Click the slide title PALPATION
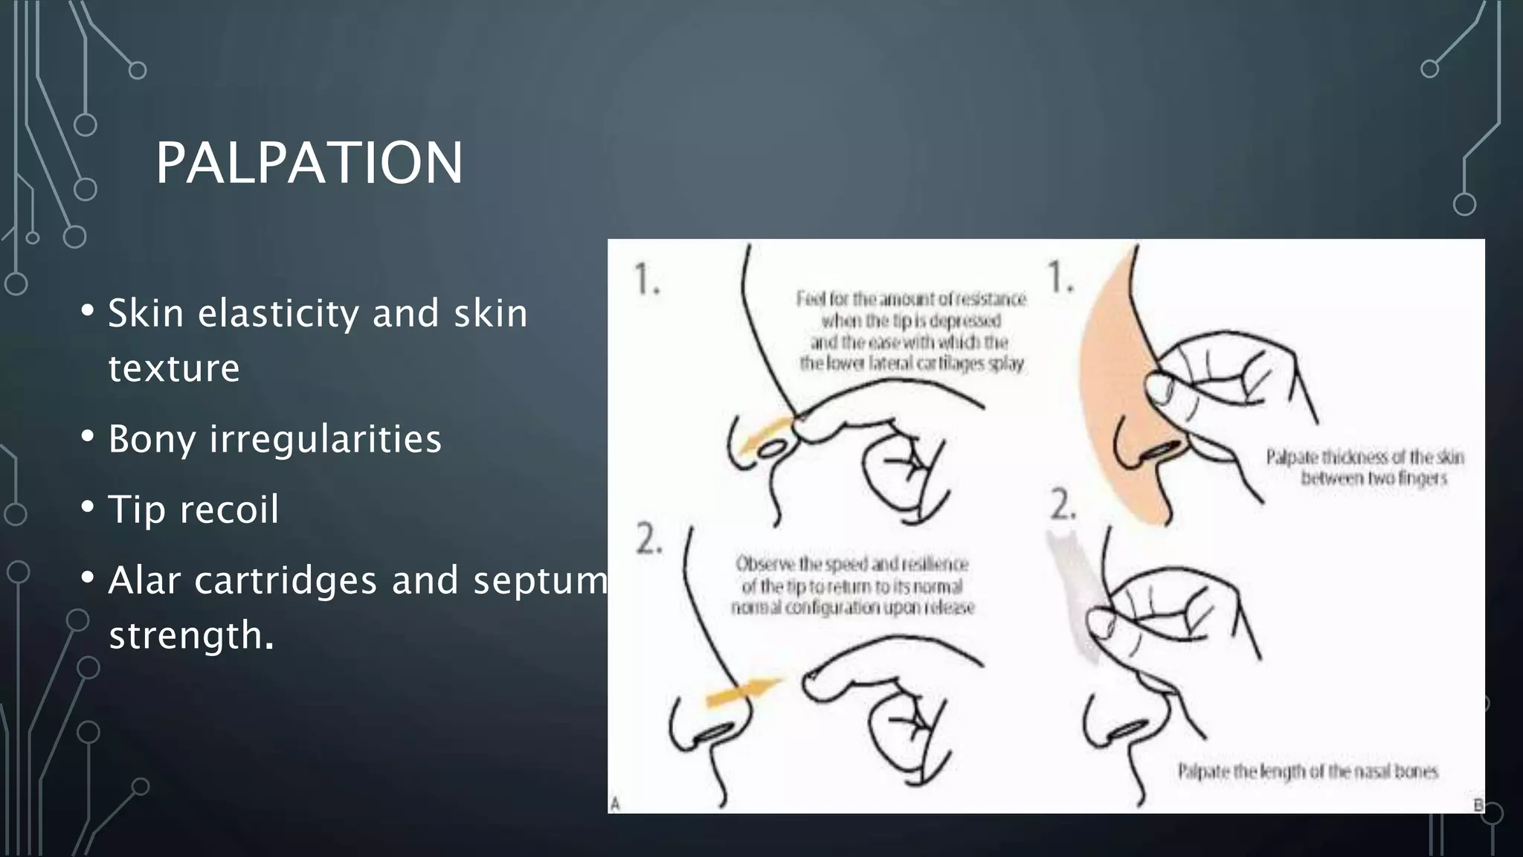click(x=309, y=163)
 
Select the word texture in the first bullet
click(x=174, y=368)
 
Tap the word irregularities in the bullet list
click(x=326, y=439)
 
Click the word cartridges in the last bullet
click(x=286, y=580)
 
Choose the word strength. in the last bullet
click(x=191, y=635)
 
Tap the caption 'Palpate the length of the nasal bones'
click(x=1307, y=771)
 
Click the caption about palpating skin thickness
click(x=1365, y=467)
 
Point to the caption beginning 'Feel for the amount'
click(x=912, y=331)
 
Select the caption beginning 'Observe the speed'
click(x=852, y=586)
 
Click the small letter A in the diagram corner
click(x=616, y=803)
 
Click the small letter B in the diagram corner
click(x=1478, y=804)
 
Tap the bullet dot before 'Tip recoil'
click(x=88, y=507)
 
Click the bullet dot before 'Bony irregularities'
click(x=88, y=437)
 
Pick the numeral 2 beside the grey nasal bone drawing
click(x=1063, y=507)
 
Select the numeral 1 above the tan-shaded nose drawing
click(x=1060, y=277)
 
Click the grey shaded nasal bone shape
click(x=1075, y=595)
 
